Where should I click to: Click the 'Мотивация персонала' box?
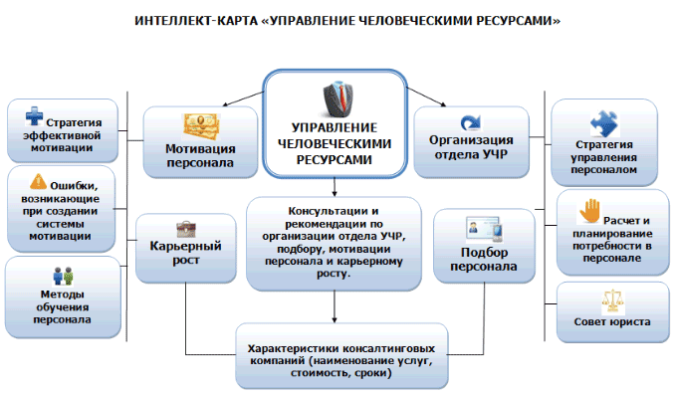200,141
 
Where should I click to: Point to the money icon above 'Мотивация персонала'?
200,125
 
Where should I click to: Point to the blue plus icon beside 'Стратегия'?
35,118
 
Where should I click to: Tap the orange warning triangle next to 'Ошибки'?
39,181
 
